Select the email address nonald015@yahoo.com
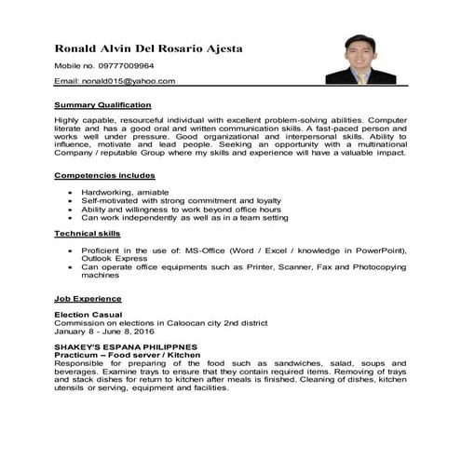pos(129,81)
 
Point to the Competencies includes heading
pos(104,175)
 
